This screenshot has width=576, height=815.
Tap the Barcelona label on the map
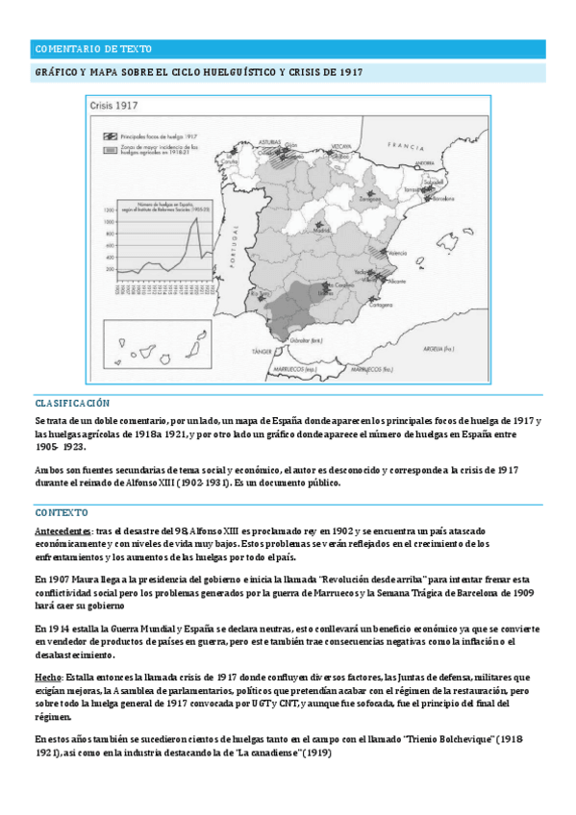(x=443, y=199)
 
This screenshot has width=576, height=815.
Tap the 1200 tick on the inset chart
(x=107, y=221)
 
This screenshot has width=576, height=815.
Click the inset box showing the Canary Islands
(x=143, y=341)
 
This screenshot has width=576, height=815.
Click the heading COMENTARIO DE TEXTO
(x=92, y=48)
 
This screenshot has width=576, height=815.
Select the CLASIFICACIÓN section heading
(x=72, y=404)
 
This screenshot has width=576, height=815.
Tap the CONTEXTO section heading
(x=62, y=512)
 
